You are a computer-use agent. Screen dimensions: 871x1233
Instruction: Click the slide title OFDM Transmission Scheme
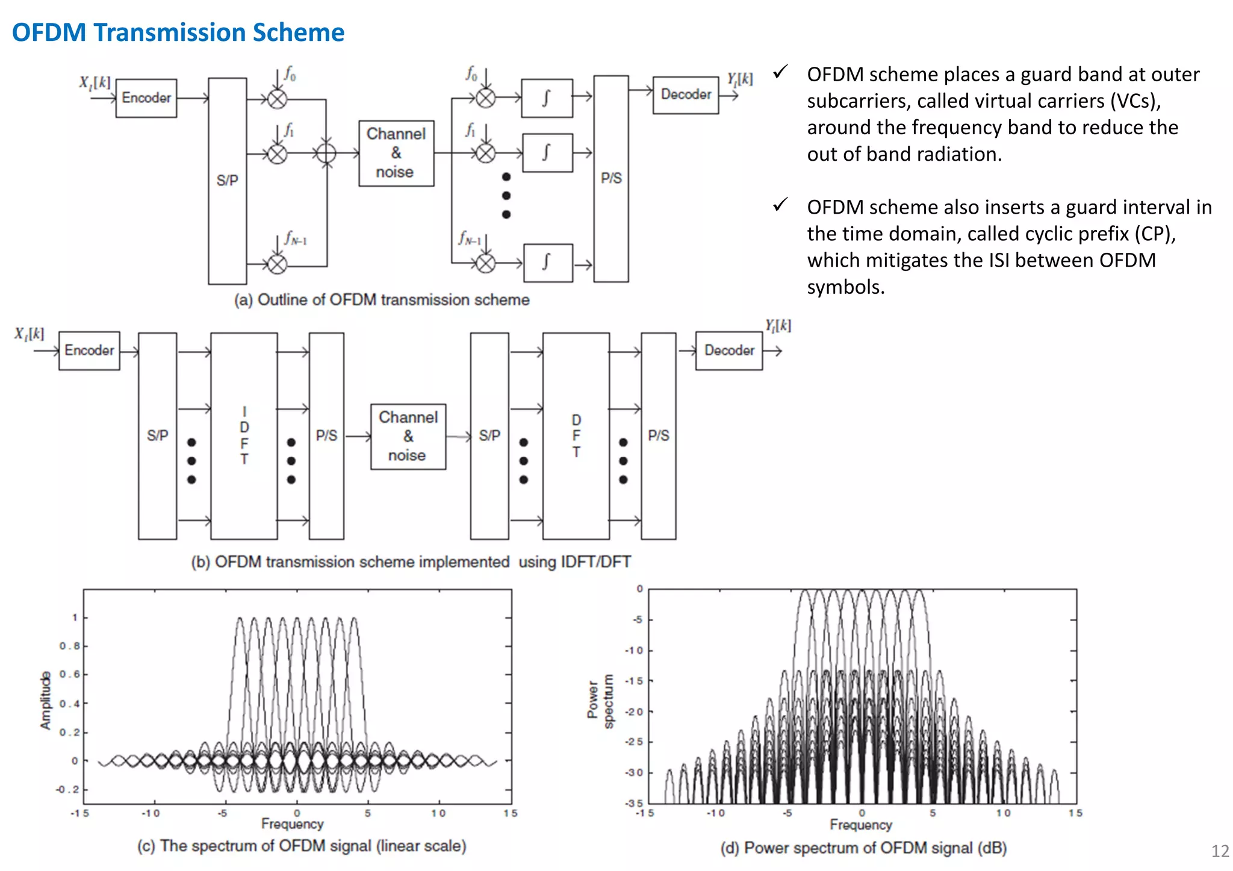coord(178,33)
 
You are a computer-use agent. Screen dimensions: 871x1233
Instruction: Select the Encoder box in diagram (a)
coord(146,98)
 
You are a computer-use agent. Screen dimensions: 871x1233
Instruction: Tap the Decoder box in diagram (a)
coord(686,95)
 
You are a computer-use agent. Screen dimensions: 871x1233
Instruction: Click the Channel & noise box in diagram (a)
coord(396,153)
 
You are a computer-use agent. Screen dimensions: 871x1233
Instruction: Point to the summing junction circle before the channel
coord(326,153)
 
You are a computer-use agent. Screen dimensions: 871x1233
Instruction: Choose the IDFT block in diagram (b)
coord(244,436)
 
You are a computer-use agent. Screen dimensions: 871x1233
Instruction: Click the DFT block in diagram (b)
coord(576,436)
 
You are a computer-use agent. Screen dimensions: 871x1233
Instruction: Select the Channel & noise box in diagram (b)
coord(408,436)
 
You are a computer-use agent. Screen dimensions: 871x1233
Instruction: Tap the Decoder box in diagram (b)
coord(729,350)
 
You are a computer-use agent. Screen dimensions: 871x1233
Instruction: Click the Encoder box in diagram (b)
coord(89,350)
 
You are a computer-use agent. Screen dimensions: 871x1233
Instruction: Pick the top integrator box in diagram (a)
coord(547,98)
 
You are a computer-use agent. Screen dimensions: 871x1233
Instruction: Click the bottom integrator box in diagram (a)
coord(548,263)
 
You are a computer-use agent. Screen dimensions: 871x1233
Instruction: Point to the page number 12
coord(1220,851)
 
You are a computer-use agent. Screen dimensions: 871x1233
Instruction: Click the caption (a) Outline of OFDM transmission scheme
coord(382,300)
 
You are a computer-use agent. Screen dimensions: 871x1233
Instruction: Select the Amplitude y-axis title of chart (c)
coord(46,701)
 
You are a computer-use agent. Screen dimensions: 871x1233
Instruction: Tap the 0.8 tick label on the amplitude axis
coord(69,646)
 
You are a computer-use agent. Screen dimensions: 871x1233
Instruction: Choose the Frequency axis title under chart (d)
coord(860,825)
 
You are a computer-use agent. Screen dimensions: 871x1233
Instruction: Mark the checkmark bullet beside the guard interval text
coord(780,205)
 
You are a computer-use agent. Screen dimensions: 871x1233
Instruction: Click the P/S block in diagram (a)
coord(611,179)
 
